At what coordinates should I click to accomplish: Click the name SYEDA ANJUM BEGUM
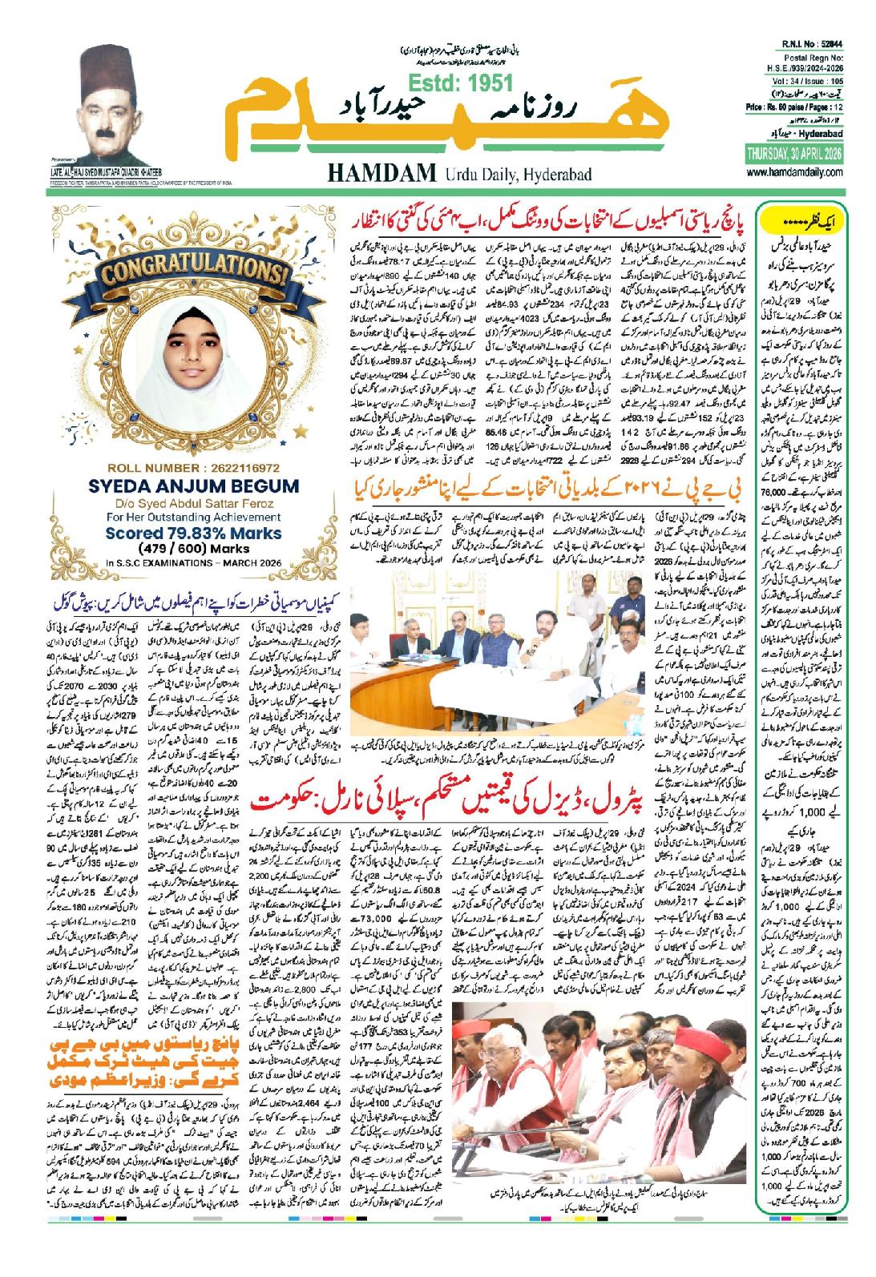click(x=191, y=485)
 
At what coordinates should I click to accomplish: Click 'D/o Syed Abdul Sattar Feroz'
click(x=191, y=502)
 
